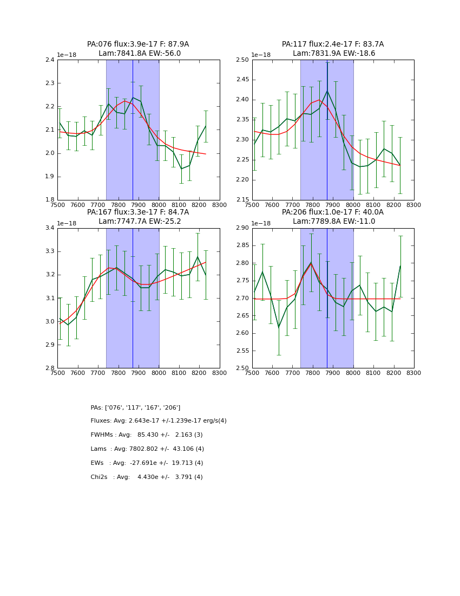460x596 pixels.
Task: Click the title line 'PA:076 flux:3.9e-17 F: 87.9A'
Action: (x=138, y=44)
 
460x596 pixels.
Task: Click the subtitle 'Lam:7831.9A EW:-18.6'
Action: (x=334, y=54)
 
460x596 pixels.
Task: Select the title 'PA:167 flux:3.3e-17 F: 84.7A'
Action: (x=138, y=212)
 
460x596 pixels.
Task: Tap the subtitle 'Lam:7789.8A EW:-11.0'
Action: (x=334, y=221)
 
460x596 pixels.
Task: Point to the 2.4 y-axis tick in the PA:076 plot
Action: (x=49, y=60)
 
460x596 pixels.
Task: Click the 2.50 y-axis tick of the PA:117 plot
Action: (x=242, y=60)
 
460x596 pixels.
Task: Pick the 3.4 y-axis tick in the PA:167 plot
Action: (x=49, y=228)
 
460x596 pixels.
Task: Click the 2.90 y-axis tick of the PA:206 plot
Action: (x=242, y=228)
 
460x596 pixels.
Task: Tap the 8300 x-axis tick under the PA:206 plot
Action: (x=413, y=373)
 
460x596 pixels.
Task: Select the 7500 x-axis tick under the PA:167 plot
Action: (x=57, y=373)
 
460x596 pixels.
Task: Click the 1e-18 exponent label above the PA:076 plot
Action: (x=67, y=55)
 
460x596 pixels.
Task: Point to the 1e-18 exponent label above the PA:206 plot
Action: (x=261, y=223)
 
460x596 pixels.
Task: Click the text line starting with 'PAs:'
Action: (x=135, y=407)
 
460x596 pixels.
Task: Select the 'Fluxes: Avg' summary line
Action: (x=159, y=421)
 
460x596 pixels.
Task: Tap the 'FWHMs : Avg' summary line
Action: (x=147, y=435)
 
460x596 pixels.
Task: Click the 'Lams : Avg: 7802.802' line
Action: (x=147, y=449)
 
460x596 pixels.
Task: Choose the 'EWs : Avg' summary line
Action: (x=147, y=463)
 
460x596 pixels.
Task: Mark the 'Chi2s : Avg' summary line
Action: (x=147, y=477)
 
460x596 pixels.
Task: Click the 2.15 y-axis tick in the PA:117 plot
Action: (x=242, y=200)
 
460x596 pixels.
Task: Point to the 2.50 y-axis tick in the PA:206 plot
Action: (x=242, y=368)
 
